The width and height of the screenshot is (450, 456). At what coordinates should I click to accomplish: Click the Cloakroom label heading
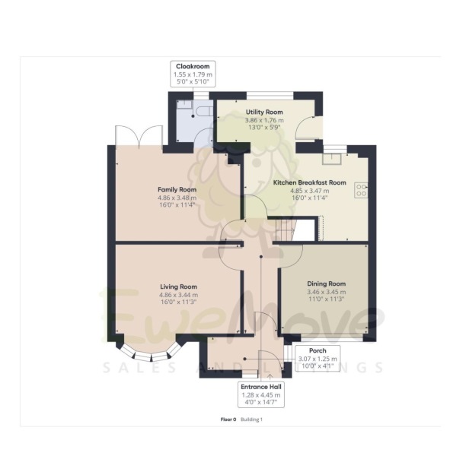point(193,66)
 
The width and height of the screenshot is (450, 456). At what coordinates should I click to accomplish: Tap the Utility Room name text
point(263,112)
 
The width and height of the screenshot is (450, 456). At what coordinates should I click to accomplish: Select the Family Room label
point(177,189)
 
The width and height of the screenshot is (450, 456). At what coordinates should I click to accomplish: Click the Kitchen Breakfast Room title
point(309,182)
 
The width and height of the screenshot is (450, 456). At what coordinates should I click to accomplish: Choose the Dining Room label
point(326,283)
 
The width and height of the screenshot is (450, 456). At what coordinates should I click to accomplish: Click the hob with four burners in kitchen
point(361,190)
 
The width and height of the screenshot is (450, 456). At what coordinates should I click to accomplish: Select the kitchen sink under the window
point(332,159)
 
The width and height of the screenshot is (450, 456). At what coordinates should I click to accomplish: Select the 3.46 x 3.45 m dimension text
point(326,292)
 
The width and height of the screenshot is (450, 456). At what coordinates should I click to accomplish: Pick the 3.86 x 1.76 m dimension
point(263,120)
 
